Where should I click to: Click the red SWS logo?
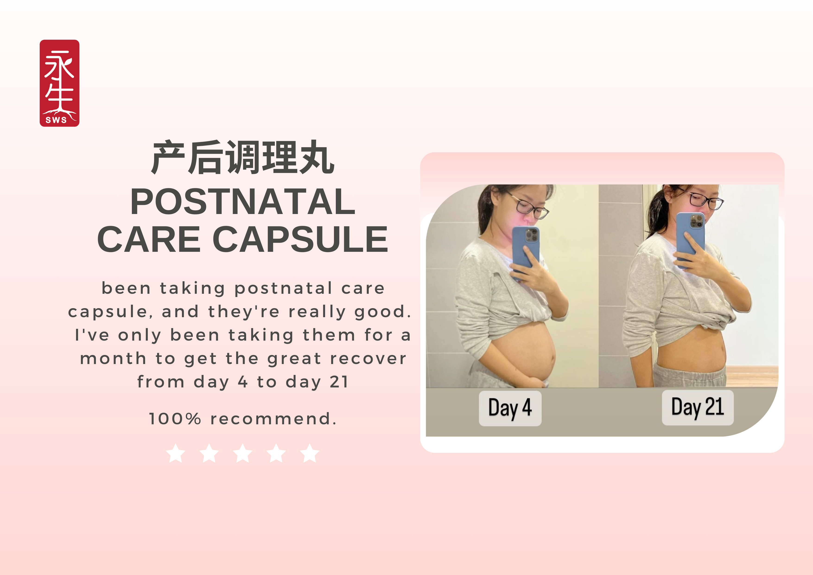coord(60,83)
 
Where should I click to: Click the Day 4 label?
coord(510,408)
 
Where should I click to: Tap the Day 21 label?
coord(698,407)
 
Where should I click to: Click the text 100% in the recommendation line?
coord(175,419)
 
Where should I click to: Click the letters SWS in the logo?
coord(56,120)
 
